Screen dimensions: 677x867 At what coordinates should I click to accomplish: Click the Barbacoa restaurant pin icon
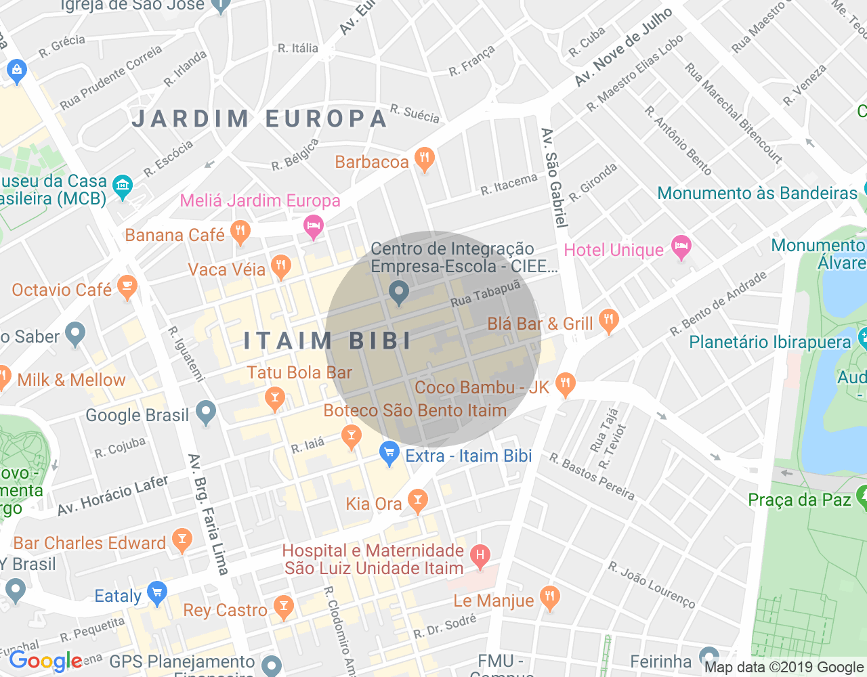[424, 160]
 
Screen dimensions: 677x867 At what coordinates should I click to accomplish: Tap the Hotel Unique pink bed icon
[681, 248]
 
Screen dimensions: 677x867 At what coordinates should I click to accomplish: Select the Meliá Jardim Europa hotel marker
[313, 226]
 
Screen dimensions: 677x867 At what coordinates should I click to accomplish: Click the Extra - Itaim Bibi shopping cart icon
[389, 453]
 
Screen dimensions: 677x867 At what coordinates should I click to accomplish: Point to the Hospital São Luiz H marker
[480, 557]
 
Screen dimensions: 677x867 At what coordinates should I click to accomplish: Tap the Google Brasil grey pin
[206, 412]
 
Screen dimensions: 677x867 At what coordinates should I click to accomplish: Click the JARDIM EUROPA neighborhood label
[259, 118]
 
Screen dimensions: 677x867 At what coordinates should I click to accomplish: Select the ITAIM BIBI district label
[328, 341]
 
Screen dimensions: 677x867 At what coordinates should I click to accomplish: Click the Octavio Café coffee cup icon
[127, 287]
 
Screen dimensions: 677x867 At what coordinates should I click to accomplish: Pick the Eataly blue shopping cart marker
[157, 594]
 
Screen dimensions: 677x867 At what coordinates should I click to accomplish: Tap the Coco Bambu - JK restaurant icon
[564, 385]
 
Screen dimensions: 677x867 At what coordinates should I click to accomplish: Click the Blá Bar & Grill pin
[608, 321]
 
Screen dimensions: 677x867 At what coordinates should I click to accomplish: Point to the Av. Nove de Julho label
[622, 47]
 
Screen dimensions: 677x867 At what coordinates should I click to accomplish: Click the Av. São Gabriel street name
[553, 177]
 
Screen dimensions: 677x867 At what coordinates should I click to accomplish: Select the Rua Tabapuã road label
[485, 294]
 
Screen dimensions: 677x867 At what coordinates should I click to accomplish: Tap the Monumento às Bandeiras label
[757, 194]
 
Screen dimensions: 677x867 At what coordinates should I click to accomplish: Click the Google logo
[46, 661]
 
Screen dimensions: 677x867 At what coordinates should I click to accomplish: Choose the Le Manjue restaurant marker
[549, 598]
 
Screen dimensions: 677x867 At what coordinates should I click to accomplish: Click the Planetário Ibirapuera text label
[769, 342]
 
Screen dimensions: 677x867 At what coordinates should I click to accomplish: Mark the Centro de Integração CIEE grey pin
[398, 292]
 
